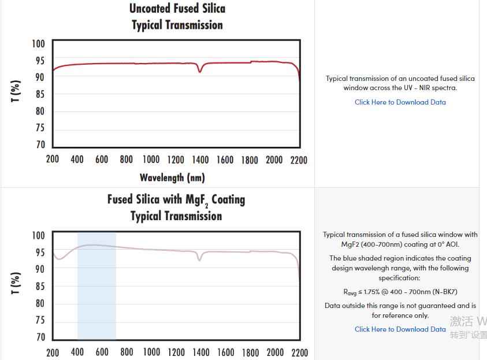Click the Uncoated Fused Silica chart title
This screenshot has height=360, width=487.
click(x=177, y=9)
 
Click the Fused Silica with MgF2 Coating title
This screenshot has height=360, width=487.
click(x=176, y=200)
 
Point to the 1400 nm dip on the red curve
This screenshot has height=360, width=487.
click(x=200, y=70)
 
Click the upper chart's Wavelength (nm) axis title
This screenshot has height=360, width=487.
click(x=172, y=177)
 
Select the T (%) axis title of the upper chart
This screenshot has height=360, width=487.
click(x=16, y=91)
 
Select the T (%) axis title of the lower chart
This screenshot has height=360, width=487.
click(x=16, y=283)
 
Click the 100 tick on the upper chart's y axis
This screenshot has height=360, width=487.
click(x=38, y=44)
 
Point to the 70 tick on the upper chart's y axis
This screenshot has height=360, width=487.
click(x=40, y=145)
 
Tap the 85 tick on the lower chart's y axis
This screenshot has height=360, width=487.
click(x=39, y=287)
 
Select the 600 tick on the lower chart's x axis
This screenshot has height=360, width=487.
click(x=102, y=352)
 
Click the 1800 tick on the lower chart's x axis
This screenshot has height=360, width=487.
click(x=250, y=352)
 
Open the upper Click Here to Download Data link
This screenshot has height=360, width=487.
click(x=400, y=102)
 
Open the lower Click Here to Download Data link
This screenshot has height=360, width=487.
click(x=400, y=329)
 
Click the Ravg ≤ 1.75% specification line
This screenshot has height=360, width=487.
click(x=400, y=292)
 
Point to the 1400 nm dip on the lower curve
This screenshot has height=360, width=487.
click(x=200, y=259)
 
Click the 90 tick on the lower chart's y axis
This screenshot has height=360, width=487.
click(x=39, y=269)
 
